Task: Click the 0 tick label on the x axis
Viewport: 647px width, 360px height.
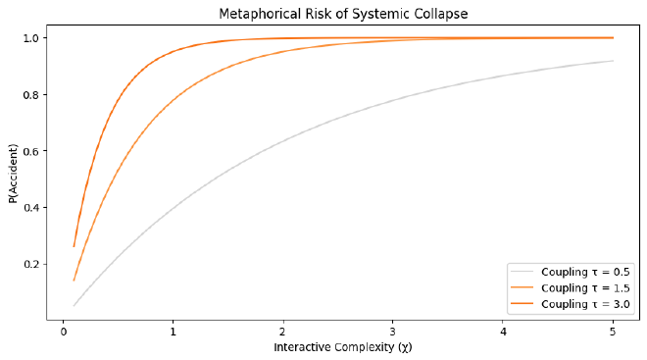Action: click(x=63, y=331)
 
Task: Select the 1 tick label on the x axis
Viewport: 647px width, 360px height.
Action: click(x=173, y=331)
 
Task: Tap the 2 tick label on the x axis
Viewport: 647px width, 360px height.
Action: click(x=283, y=331)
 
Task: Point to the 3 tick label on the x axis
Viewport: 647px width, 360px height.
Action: click(x=393, y=331)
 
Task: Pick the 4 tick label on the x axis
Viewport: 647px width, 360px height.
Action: click(x=503, y=331)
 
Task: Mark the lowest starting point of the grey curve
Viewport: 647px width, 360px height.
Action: click(x=74, y=306)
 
